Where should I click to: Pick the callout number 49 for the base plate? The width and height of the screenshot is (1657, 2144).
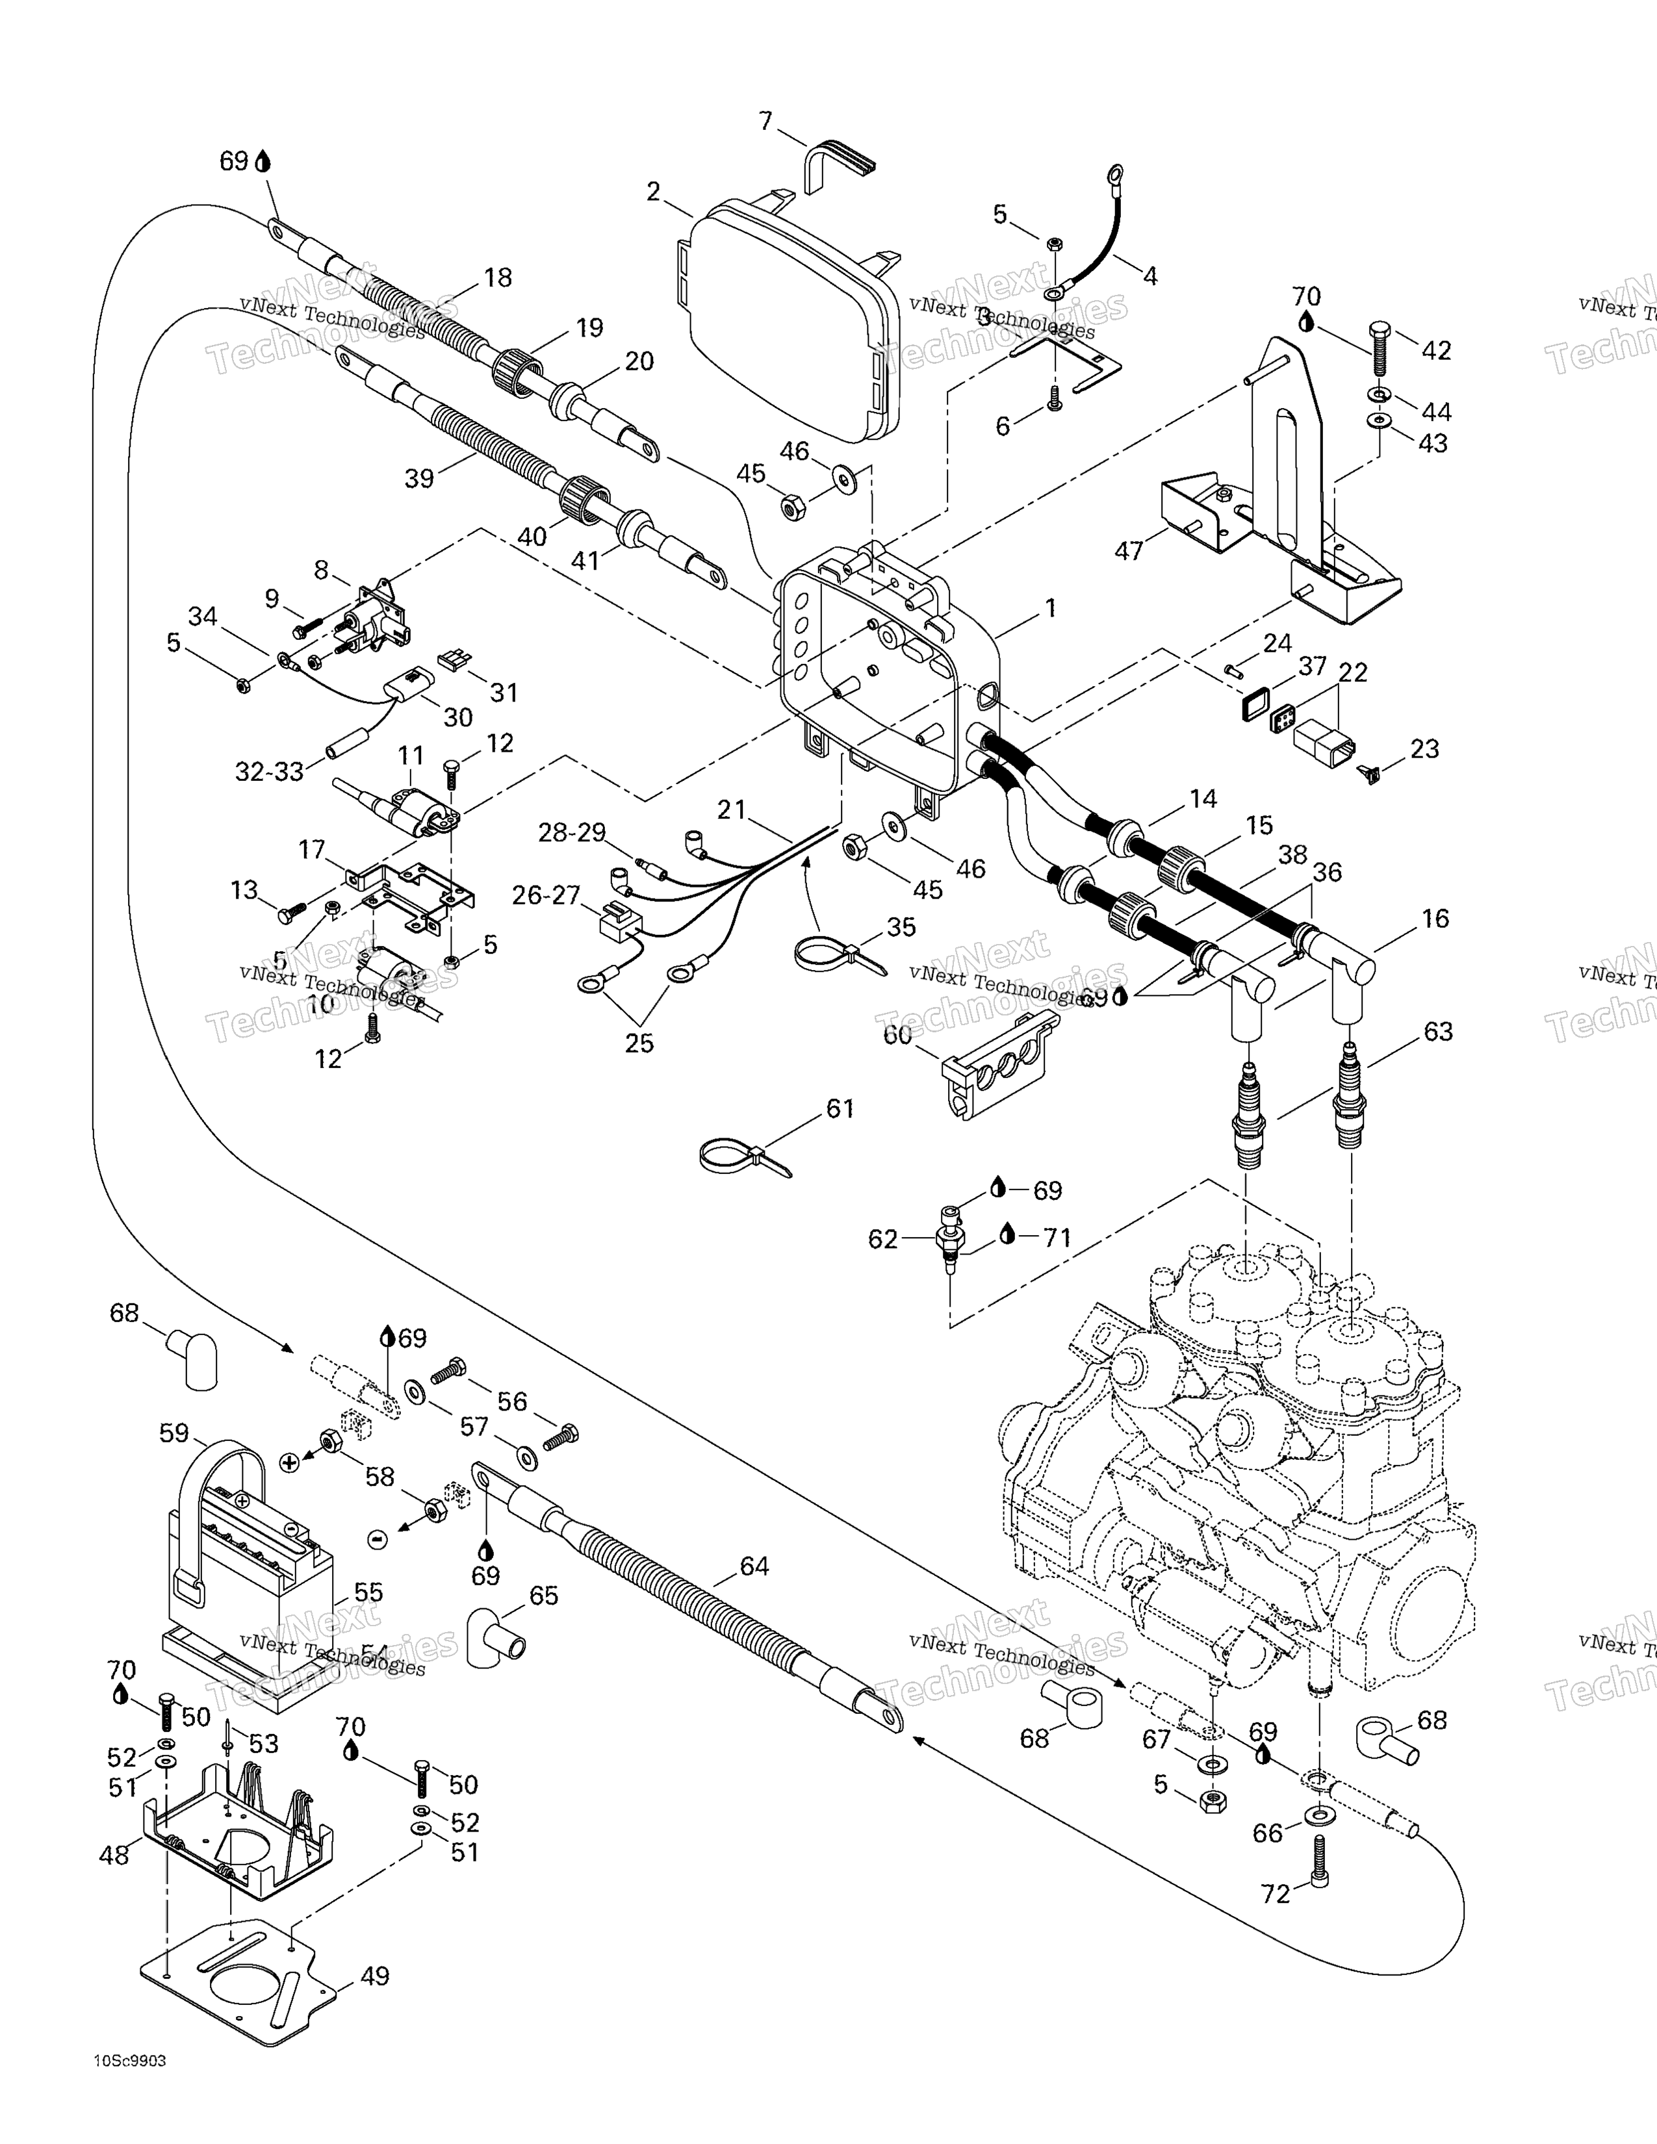pos(374,1975)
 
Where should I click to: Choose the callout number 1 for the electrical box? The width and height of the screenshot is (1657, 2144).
pos(1050,609)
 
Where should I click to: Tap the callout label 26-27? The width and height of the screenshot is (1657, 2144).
pos(546,895)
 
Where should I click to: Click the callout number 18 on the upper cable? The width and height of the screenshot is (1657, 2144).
pos(498,278)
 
